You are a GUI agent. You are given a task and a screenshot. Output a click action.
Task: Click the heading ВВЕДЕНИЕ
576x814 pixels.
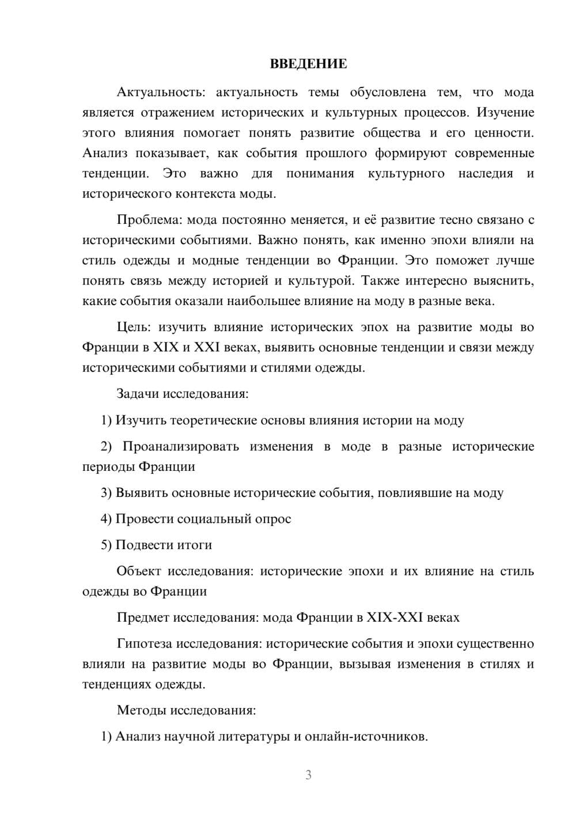[308, 64]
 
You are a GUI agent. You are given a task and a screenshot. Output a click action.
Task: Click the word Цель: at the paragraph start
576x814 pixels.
[134, 328]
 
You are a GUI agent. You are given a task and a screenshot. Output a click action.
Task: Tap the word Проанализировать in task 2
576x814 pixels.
[180, 447]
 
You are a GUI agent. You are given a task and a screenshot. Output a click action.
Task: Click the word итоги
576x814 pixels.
[195, 545]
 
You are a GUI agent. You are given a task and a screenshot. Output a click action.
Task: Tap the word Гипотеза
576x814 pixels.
[144, 644]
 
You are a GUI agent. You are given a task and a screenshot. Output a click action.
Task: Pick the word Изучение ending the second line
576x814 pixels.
[505, 113]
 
